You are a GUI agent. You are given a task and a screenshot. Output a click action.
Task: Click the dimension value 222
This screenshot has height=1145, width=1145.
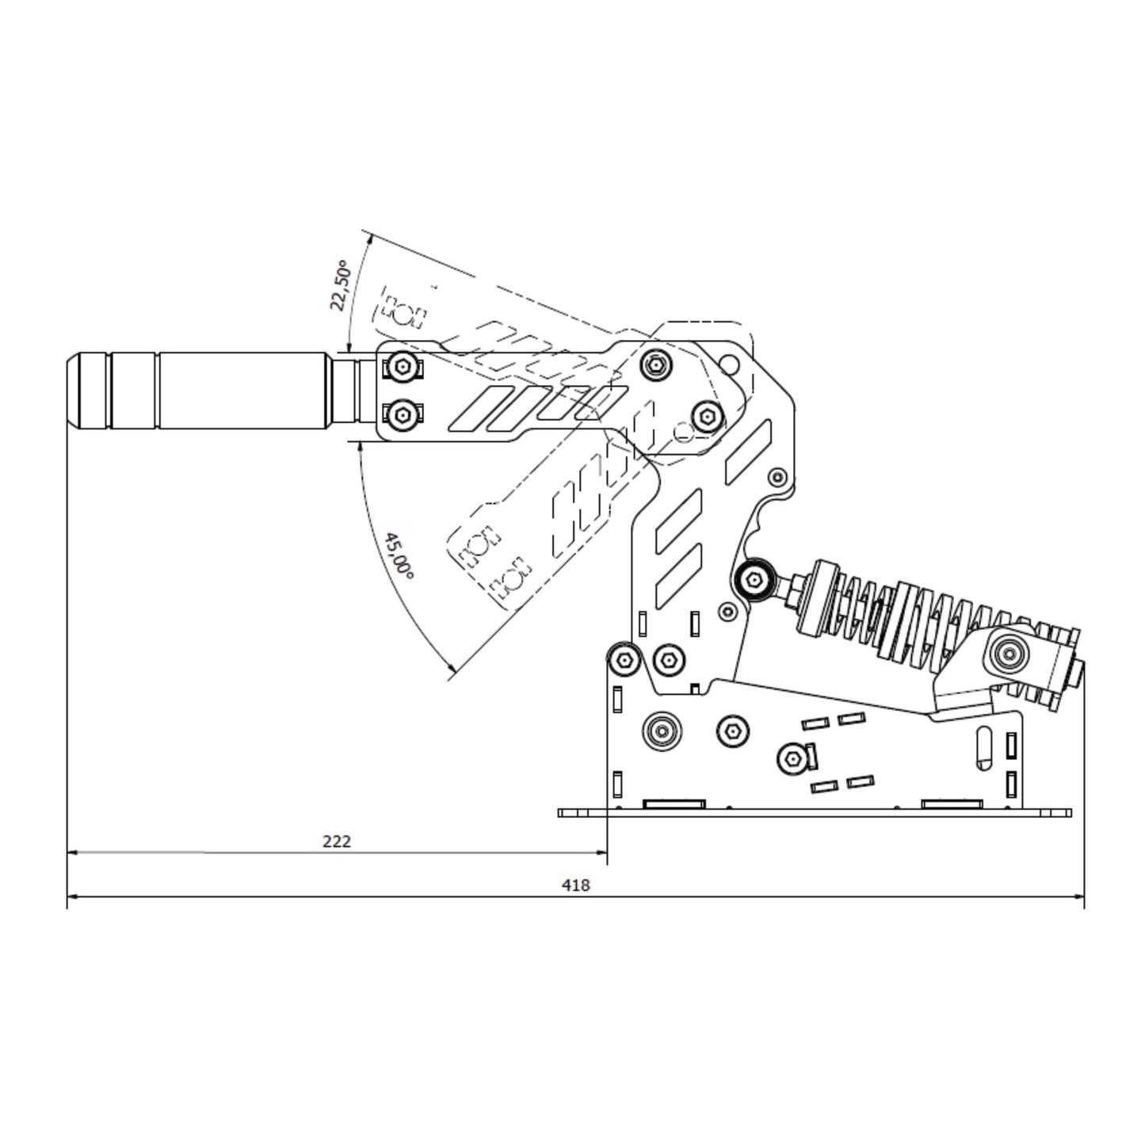click(337, 842)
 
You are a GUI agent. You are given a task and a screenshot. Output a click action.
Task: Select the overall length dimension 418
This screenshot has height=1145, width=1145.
click(576, 886)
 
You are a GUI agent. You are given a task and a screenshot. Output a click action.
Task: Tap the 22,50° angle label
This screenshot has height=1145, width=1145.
click(341, 285)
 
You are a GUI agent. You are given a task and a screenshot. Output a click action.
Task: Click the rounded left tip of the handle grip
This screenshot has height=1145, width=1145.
click(71, 391)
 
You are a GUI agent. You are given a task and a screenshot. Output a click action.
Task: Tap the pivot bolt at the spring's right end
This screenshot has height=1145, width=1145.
click(1009, 655)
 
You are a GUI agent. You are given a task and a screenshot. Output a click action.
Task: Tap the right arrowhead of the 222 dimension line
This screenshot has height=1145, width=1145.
click(601, 853)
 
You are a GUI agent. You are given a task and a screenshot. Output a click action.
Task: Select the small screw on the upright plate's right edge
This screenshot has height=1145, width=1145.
click(778, 477)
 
